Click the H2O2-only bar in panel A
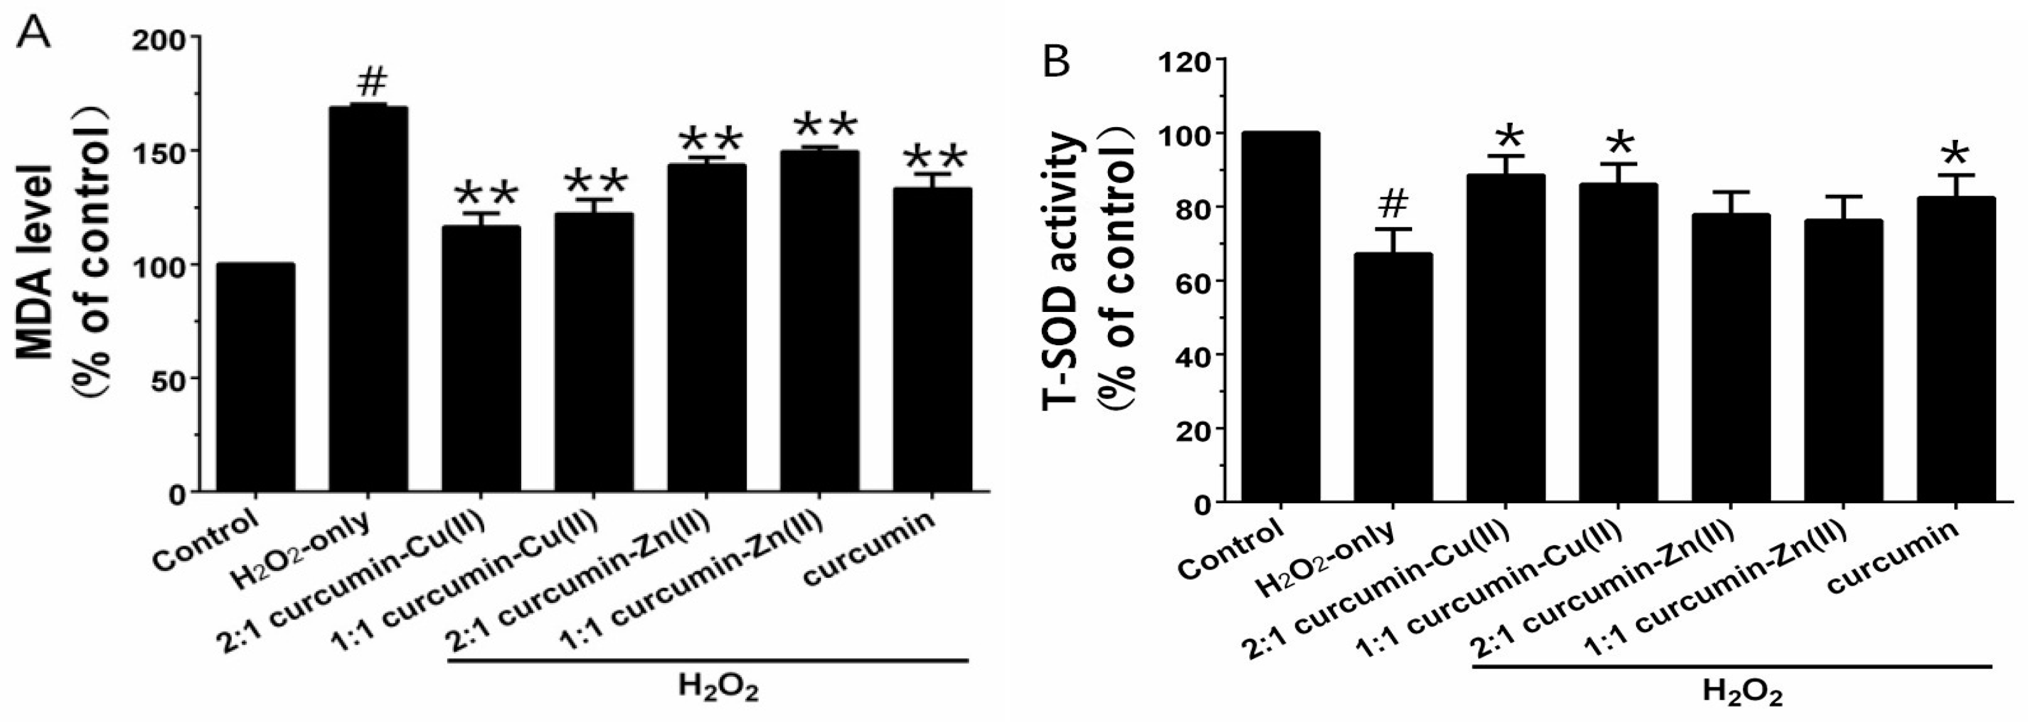(368, 299)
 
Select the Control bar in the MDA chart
(255, 378)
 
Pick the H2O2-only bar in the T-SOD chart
(1392, 377)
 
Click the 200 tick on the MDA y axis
(165, 38)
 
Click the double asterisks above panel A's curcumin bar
(934, 157)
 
